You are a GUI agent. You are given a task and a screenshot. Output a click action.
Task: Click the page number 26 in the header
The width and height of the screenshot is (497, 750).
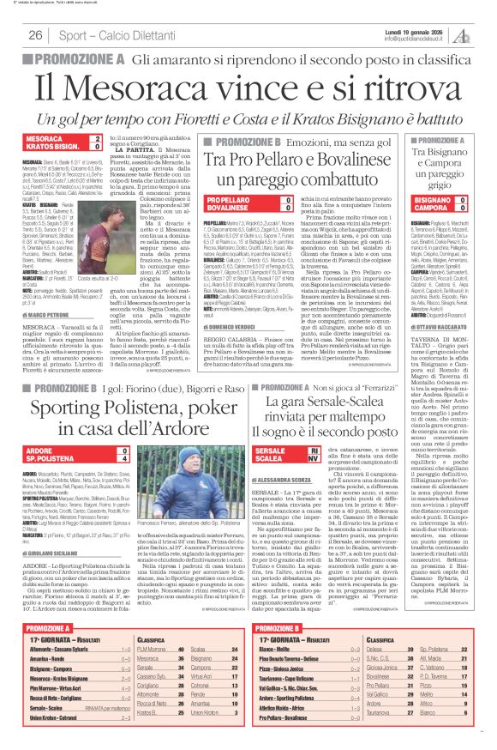pyautogui.click(x=35, y=35)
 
